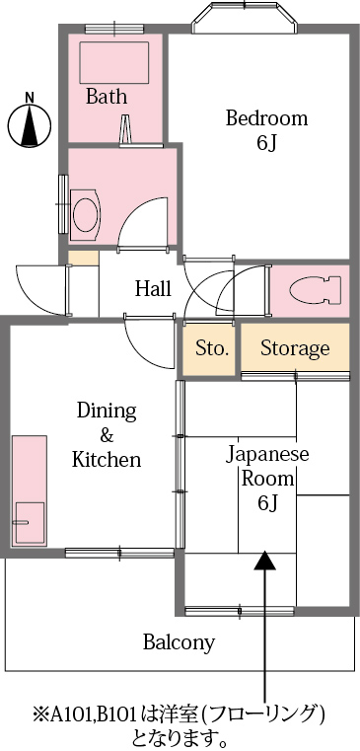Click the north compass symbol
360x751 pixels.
coord(30,124)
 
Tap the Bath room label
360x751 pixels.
coord(106,97)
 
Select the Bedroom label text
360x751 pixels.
coord(266,118)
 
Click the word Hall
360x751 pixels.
coord(153,289)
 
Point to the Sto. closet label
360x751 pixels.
coord(212,348)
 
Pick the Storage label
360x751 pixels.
coord(295,348)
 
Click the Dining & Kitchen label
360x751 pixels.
coord(107,435)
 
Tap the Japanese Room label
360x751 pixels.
coord(267,479)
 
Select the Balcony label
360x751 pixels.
coord(179,642)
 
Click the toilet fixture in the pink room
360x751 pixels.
coord(313,289)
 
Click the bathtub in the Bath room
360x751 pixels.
coord(112,61)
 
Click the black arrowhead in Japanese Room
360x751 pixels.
coord(265,561)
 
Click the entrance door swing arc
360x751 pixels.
coord(37,291)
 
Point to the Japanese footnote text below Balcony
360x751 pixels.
coord(179,725)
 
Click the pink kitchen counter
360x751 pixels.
coord(29,488)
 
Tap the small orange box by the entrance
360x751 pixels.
coord(84,259)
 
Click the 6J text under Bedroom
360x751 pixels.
coord(266,143)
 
